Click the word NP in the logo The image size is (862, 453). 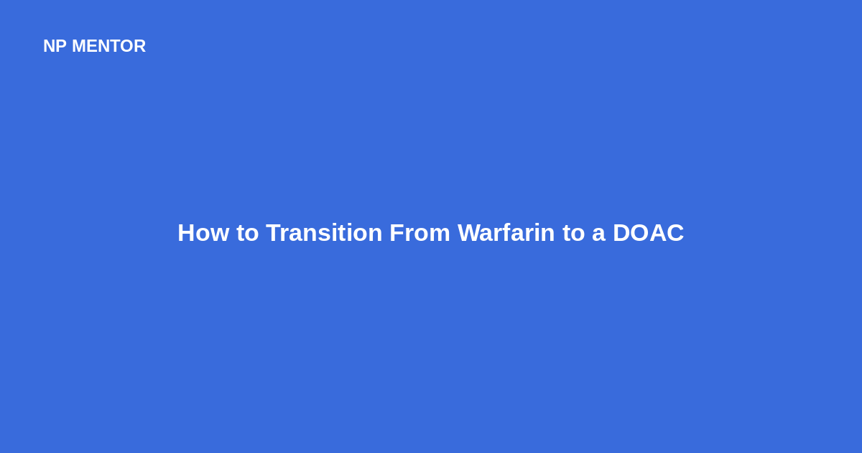(x=55, y=46)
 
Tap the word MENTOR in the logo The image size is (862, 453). (x=109, y=46)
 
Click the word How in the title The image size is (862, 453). (x=203, y=233)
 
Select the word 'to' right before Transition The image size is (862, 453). (x=247, y=234)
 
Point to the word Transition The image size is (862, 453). (x=324, y=233)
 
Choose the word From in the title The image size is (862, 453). (x=420, y=233)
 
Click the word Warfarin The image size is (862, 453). (x=506, y=233)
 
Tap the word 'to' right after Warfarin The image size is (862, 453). (x=573, y=234)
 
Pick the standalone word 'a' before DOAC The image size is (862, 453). (x=598, y=235)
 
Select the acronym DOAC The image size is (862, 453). (x=649, y=233)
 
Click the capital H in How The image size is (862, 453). (x=186, y=233)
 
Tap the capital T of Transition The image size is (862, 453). (x=274, y=233)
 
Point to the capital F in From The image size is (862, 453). (x=397, y=233)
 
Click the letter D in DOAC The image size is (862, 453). (x=622, y=233)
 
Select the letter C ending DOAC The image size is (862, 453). (x=675, y=233)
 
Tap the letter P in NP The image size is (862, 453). (x=61, y=46)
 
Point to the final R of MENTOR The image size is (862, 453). (x=140, y=46)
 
